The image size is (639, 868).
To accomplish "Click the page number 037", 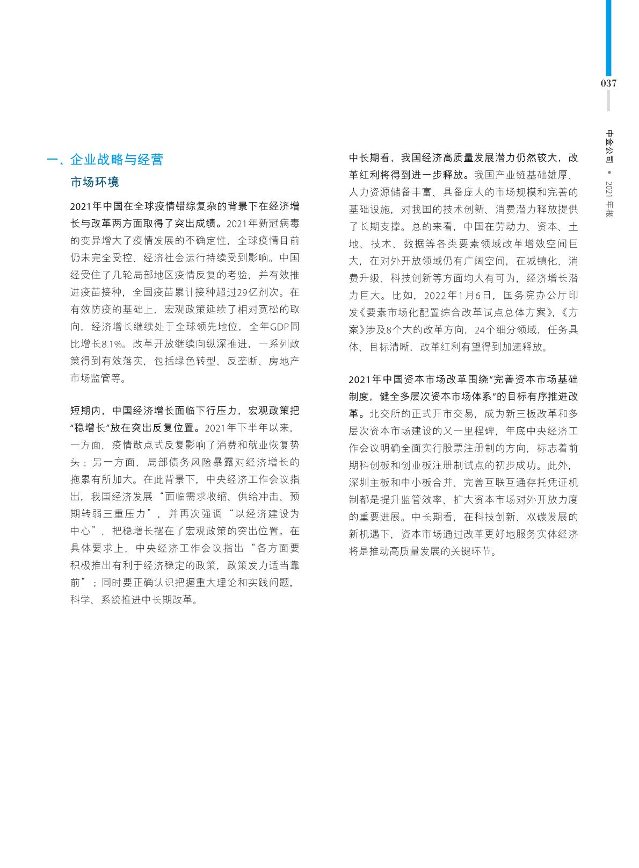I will [x=608, y=83].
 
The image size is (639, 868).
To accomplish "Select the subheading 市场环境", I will [x=95, y=182].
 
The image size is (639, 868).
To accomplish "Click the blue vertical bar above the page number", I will [x=608, y=38].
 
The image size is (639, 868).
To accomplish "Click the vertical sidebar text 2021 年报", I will [x=609, y=198].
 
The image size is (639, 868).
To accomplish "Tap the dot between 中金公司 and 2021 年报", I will [x=609, y=173].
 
